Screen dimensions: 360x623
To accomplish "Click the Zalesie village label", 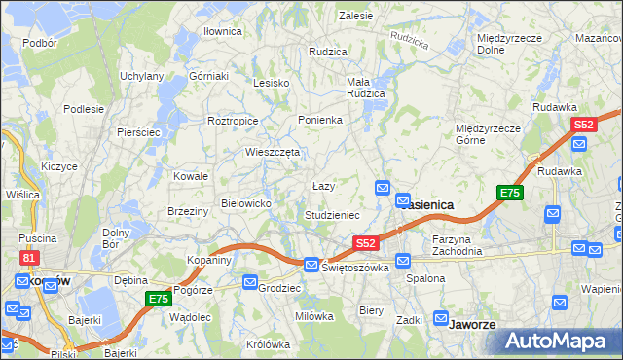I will pyautogui.click(x=356, y=16).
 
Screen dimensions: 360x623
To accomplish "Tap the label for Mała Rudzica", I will pyautogui.click(x=366, y=88).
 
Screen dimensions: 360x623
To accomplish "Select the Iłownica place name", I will pyautogui.click(x=222, y=31).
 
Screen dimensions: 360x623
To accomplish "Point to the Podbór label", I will pyautogui.click(x=39, y=43).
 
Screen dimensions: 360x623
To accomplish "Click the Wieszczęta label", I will pyautogui.click(x=272, y=152).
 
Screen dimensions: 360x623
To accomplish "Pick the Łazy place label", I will pyautogui.click(x=323, y=185).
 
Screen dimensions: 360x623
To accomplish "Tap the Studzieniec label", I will pyautogui.click(x=333, y=214).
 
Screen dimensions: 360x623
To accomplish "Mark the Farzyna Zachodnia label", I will pyautogui.click(x=458, y=244).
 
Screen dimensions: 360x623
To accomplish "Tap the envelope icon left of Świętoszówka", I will pyautogui.click(x=311, y=264).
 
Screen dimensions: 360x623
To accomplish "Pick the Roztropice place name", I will pyautogui.click(x=233, y=121).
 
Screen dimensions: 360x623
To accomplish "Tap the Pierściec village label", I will pyautogui.click(x=137, y=131).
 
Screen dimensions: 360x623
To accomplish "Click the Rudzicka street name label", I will pyautogui.click(x=409, y=40).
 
